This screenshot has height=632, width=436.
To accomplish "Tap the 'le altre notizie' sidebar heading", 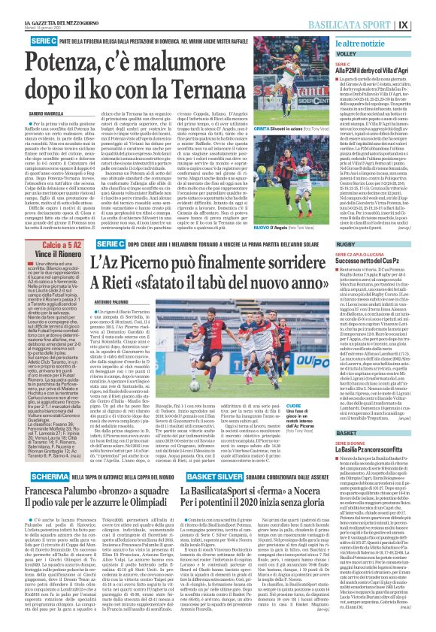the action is point(362,47).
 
